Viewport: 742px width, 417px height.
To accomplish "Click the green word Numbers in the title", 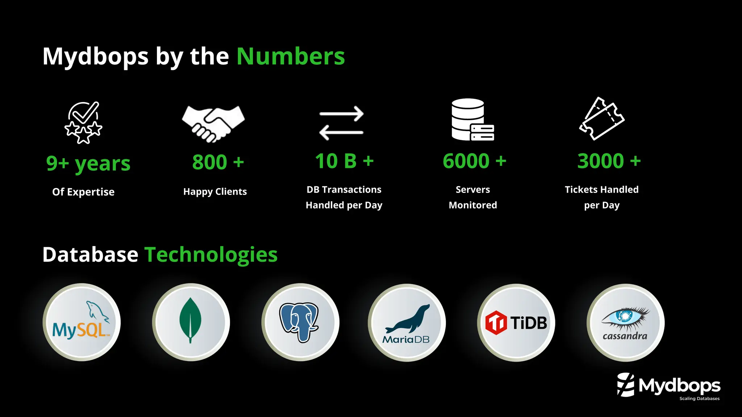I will click(x=291, y=56).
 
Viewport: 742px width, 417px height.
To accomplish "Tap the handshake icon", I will click(x=213, y=123).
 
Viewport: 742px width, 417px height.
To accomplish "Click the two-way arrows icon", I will click(x=341, y=123).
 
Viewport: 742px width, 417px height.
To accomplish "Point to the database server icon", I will click(x=472, y=120).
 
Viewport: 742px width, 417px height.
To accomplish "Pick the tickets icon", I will click(x=601, y=119).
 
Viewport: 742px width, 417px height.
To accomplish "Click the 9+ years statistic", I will click(x=88, y=164).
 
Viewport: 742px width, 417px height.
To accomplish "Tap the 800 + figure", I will click(x=218, y=162).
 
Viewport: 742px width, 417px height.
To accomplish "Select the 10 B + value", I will click(x=344, y=161).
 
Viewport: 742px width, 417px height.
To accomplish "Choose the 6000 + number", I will click(x=474, y=161).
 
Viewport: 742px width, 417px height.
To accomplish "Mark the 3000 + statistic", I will click(x=609, y=161).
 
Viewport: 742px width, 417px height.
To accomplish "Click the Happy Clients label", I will click(x=215, y=191).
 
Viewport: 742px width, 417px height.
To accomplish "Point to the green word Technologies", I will click(x=211, y=255).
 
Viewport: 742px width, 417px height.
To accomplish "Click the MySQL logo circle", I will click(x=82, y=322).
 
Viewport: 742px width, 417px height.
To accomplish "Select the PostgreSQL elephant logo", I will click(x=300, y=322).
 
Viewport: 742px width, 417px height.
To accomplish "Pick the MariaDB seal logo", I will click(x=407, y=323).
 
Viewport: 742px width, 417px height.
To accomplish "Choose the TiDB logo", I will click(x=516, y=323).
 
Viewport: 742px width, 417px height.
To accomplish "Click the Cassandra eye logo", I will click(x=625, y=323).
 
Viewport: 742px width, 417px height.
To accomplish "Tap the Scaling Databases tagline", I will click(x=699, y=399).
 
